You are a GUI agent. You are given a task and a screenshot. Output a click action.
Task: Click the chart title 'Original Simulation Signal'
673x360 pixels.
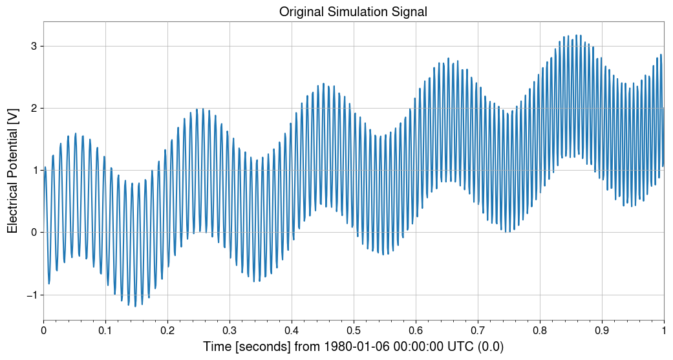353,12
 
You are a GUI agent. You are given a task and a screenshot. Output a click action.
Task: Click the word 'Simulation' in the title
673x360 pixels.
355,12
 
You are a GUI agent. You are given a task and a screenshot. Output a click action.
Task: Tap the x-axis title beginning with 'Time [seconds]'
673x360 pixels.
353,347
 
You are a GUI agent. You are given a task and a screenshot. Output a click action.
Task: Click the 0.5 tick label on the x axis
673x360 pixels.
354,330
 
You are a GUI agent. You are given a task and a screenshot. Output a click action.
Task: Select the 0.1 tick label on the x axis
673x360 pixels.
105,330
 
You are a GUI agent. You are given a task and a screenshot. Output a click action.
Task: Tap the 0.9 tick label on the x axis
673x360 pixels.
602,330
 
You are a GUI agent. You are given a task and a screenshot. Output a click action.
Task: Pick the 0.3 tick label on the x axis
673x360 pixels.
230,330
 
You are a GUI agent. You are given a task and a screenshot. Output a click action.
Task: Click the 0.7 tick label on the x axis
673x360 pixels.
478,330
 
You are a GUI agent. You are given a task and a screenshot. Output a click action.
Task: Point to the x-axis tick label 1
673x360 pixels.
664,330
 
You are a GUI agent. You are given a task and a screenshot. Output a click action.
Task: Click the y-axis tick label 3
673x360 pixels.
34,46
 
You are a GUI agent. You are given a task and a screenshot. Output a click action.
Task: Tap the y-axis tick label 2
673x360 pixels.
34,108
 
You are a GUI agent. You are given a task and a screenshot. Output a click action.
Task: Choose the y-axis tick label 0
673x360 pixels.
34,233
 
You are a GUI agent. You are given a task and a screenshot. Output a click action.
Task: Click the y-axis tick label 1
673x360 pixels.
34,171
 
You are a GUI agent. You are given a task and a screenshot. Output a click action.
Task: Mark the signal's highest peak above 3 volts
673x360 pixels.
559,36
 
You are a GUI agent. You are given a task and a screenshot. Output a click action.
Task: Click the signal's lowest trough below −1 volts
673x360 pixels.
135,306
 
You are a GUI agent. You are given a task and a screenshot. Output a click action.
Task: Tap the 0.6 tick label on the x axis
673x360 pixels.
416,330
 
